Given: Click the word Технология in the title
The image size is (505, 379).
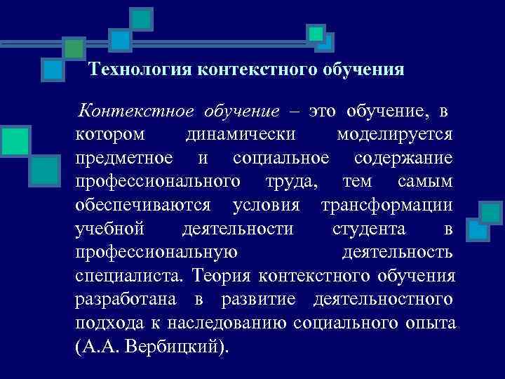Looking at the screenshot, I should (142, 69).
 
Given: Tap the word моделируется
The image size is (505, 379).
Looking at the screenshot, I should (394, 134).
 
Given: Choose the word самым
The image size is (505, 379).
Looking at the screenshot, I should (424, 182).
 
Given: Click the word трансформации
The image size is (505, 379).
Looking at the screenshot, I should (386, 206).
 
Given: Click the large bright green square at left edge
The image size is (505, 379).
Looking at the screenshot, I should (15, 140).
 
